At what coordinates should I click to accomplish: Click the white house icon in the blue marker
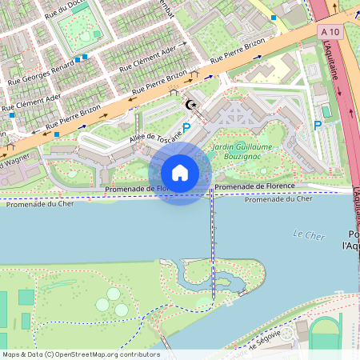click(x=180, y=173)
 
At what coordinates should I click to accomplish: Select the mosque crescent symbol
click(x=190, y=105)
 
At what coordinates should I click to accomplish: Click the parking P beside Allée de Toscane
click(x=187, y=127)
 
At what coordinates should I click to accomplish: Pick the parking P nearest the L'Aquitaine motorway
click(x=318, y=126)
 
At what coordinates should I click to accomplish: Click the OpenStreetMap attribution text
click(x=81, y=354)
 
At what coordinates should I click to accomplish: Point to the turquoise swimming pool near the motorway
click(x=326, y=110)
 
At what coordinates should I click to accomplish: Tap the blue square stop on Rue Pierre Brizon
click(x=56, y=135)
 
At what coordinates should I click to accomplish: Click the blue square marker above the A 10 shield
click(x=273, y=17)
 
